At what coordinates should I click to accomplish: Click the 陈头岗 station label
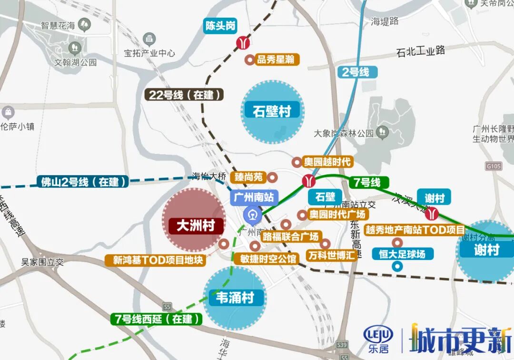pos(220,26)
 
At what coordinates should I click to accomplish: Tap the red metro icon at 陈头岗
pos(243,43)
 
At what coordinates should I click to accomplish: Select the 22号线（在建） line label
pos(184,95)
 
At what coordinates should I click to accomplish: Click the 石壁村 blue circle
pos(272,112)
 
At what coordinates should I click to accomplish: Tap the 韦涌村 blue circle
pos(235,298)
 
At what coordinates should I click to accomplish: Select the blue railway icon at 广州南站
pos(252,215)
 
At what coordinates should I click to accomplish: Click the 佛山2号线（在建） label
pos(84,181)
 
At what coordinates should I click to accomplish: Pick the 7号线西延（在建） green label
pos(157,319)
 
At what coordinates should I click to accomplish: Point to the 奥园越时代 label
pos(327,162)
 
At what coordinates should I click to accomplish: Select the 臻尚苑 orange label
pos(249,177)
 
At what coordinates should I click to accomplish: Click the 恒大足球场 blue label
pos(403,254)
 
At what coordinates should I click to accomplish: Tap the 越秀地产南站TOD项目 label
pos(415,230)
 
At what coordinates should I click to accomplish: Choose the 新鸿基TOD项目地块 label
pos(158,260)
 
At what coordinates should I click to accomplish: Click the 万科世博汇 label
pos(331,255)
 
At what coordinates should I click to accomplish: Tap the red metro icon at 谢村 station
pos(432,213)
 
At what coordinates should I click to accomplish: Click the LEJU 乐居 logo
pos(378,339)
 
